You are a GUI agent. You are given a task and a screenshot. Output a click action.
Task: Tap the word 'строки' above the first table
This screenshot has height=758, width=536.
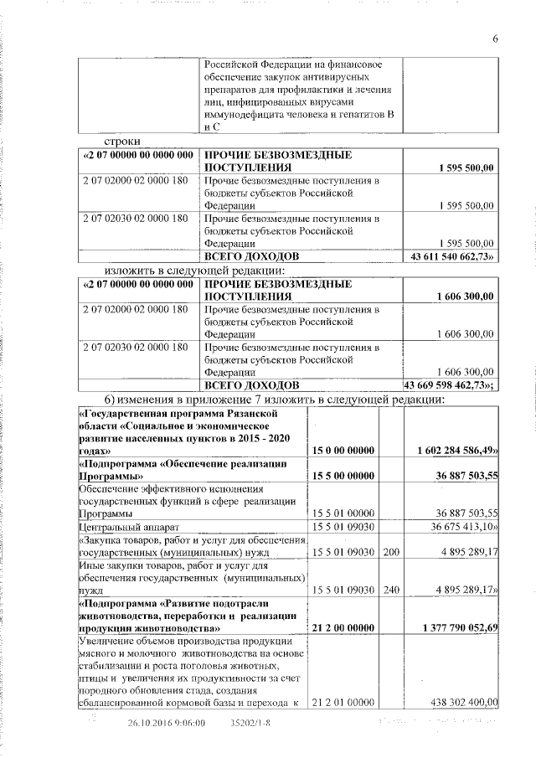(x=121, y=142)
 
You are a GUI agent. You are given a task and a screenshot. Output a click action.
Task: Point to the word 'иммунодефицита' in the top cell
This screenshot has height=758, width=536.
(x=244, y=112)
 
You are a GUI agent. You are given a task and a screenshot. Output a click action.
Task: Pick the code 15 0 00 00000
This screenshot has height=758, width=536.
(x=343, y=451)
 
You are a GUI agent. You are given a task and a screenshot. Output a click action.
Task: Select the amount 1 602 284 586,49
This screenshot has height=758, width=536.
(x=457, y=451)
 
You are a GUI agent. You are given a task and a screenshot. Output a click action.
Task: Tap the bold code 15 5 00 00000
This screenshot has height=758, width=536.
(x=343, y=477)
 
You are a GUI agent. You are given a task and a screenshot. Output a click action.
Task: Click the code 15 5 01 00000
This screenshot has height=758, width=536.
(x=343, y=513)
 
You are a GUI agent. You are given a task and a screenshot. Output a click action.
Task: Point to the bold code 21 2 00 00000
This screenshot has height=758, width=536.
(x=343, y=627)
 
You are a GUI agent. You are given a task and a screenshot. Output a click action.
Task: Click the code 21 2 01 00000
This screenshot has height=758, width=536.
(x=343, y=702)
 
